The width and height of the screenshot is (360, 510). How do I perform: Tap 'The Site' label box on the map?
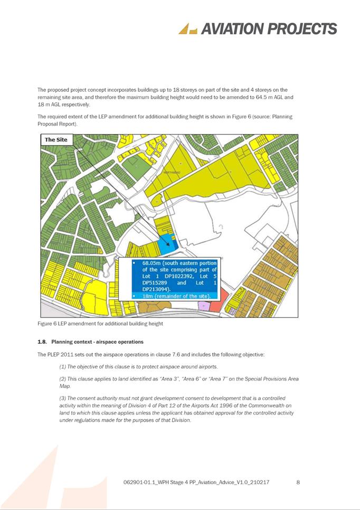tap(56, 139)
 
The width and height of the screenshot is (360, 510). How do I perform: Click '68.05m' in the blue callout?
tap(153, 262)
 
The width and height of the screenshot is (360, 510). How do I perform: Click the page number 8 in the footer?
tap(298, 481)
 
